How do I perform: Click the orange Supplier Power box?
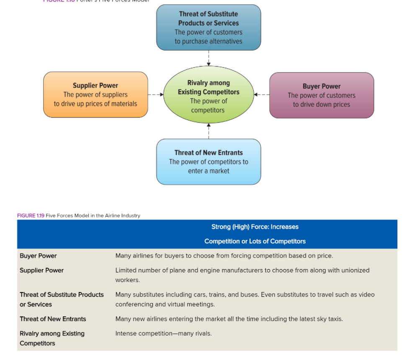pos(95,95)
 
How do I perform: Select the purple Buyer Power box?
pos(322,95)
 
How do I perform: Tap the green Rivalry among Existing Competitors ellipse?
pos(208,95)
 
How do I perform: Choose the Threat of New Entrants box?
pos(208,162)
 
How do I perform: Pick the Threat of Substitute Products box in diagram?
pos(208,28)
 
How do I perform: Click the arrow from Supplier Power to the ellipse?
pos(155,95)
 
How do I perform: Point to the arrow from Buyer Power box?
pos(262,95)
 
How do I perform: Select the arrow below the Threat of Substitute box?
pos(208,58)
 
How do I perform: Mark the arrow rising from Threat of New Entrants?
pos(208,131)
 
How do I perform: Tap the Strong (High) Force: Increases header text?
pos(255,227)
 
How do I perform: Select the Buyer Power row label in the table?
pos(38,256)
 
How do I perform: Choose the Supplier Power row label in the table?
pos(41,270)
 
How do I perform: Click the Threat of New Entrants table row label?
pos(53,319)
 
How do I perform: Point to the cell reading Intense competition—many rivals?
pos(163,334)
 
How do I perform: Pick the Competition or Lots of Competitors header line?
pos(255,241)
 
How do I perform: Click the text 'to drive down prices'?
pos(322,105)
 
